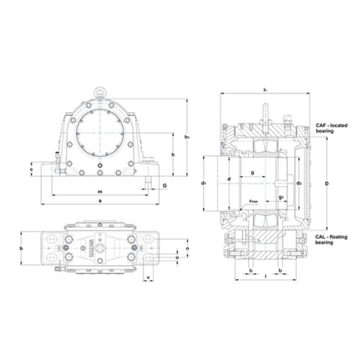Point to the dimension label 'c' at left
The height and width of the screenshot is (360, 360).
tap(31, 170)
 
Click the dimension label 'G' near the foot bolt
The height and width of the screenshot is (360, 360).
tap(164, 187)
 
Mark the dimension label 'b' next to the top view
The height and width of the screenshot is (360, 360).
tap(21, 248)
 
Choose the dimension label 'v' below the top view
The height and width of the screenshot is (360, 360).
tap(148, 277)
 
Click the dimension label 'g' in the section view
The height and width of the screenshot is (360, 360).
tap(252, 173)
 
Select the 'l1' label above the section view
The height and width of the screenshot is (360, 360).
tap(265, 89)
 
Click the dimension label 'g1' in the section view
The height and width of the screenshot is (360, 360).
tap(281, 197)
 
